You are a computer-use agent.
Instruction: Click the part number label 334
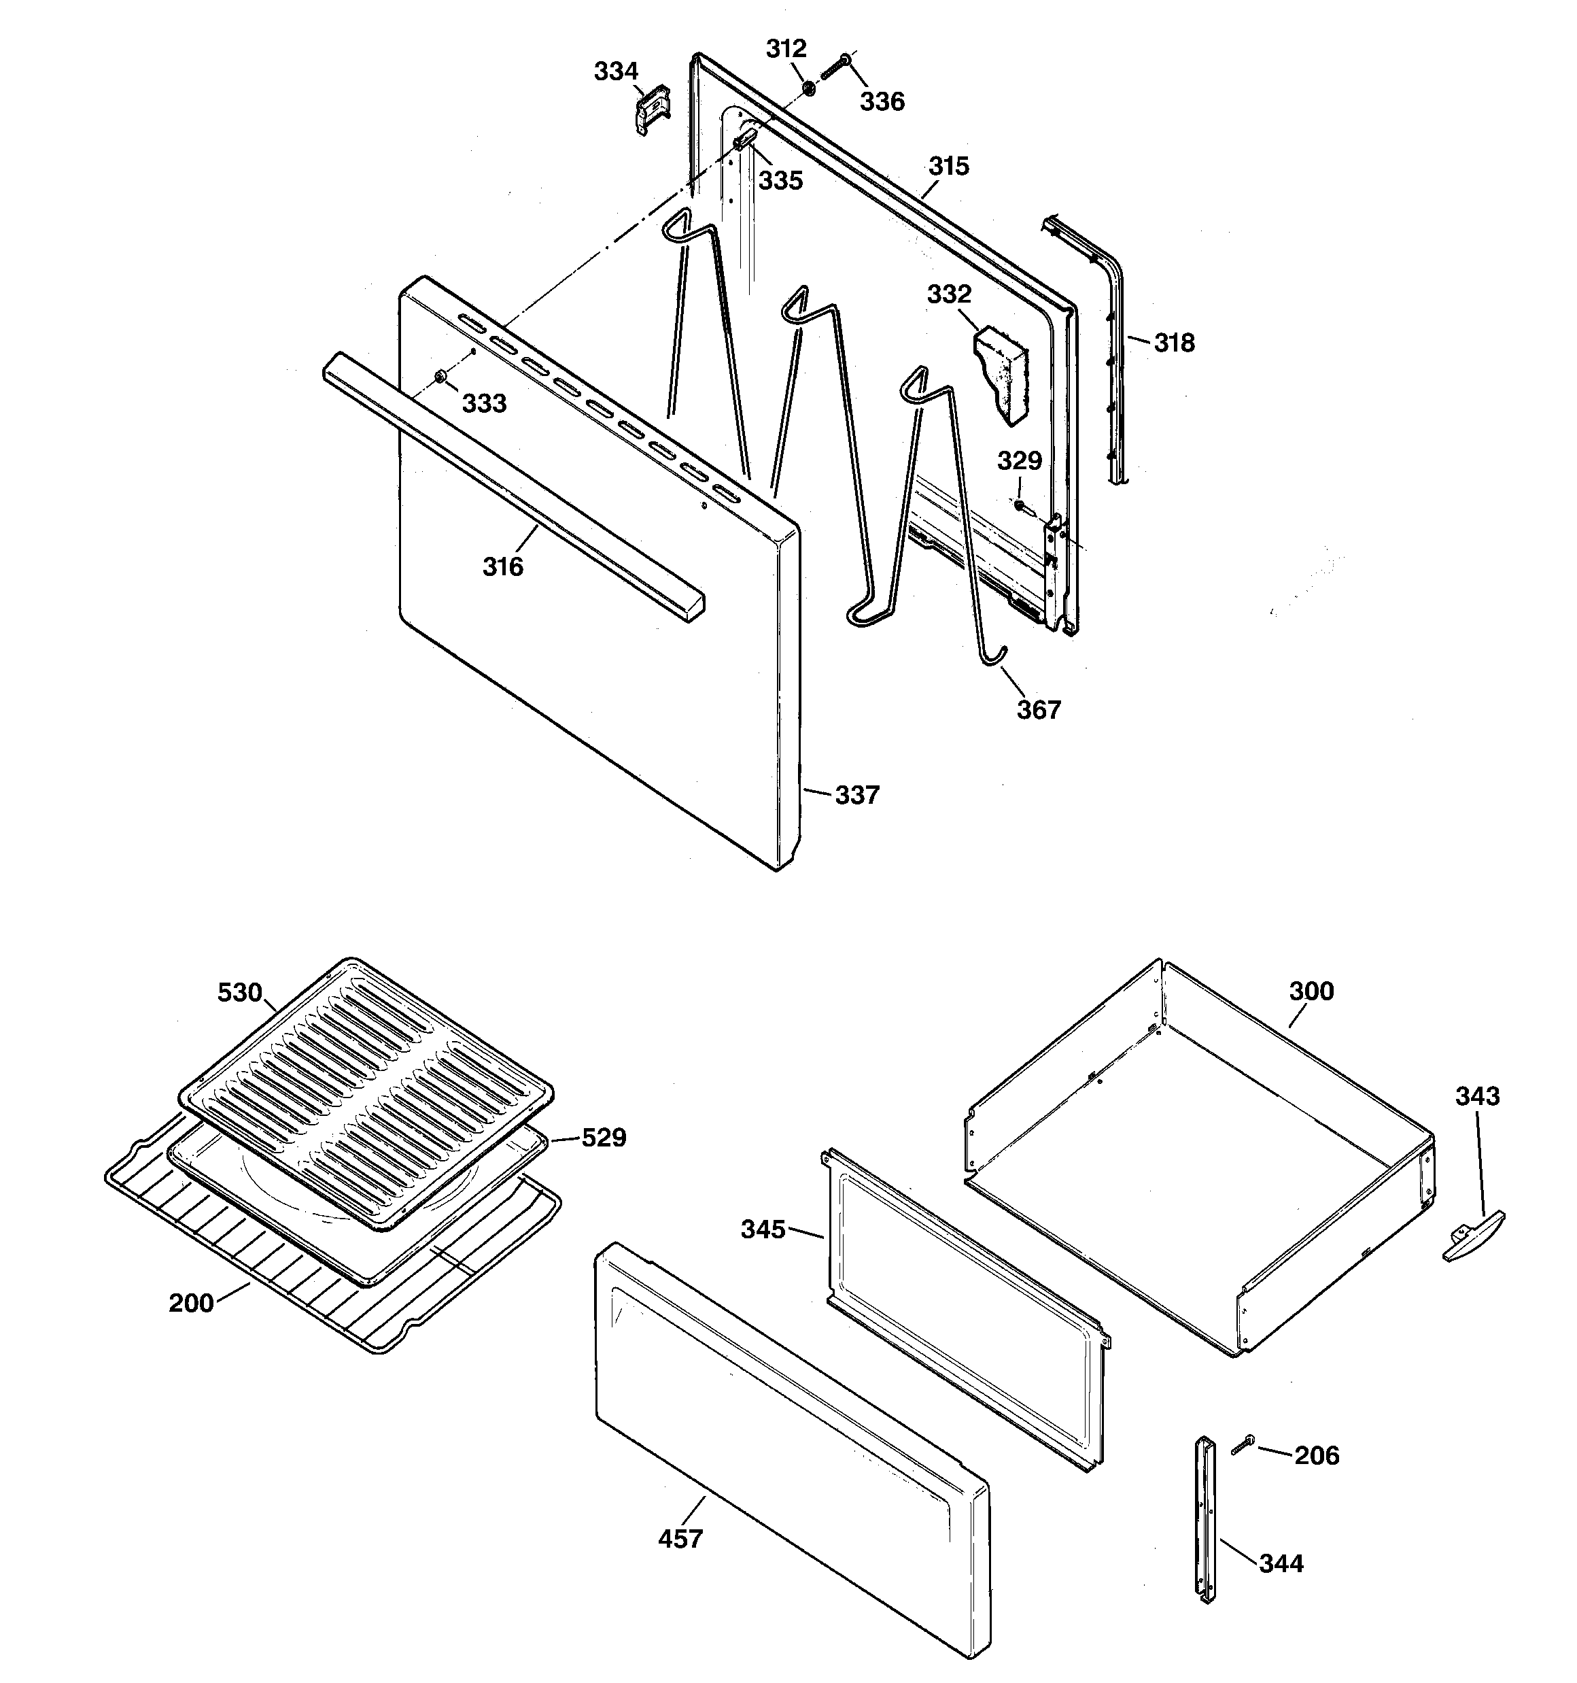615,72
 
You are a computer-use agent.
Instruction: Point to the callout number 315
948,166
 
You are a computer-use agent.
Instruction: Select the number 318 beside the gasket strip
1174,343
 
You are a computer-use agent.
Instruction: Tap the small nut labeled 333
440,376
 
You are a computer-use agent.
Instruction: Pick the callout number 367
1039,709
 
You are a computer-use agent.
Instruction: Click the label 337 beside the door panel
856,795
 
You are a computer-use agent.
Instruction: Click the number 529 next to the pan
604,1138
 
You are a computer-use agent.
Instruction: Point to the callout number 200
190,1303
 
